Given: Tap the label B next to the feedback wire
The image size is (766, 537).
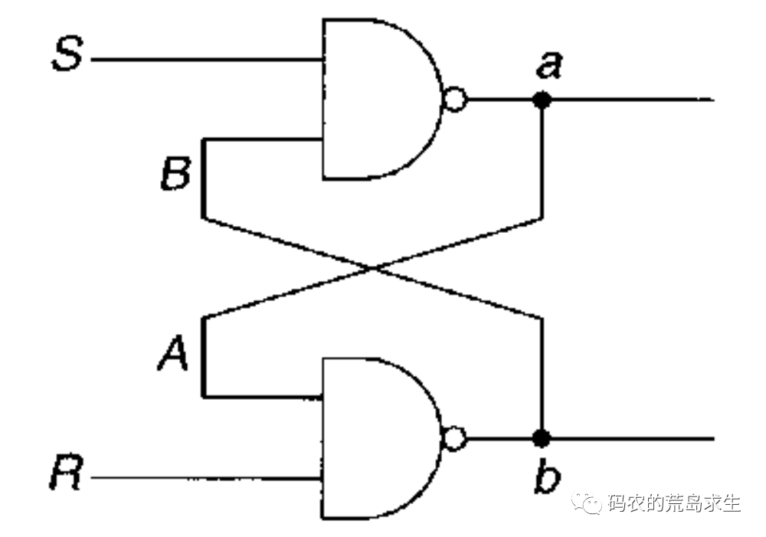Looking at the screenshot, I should [176, 175].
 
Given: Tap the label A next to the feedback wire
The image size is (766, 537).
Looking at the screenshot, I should [173, 354].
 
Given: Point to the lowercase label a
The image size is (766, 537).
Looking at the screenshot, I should [548, 66].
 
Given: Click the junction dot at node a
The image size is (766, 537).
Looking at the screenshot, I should [542, 100].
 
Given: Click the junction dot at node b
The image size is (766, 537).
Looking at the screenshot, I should [542, 439].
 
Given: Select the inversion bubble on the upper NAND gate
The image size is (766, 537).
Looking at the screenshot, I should [454, 100].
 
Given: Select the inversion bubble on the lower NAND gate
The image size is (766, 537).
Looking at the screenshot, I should [454, 439].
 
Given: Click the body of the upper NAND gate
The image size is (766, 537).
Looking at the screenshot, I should [375, 100].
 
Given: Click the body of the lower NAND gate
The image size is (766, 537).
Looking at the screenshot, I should [375, 439].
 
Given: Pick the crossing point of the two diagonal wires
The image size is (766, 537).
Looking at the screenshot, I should [373, 268].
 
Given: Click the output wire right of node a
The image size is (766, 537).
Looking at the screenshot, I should [628, 100].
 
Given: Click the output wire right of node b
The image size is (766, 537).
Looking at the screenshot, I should [628, 439].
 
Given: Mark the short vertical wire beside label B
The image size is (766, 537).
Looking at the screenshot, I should [204, 178].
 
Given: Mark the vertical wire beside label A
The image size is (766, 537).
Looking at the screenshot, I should [204, 356].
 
